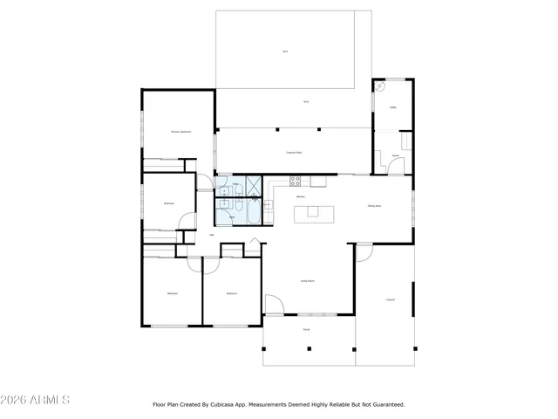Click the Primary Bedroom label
[x=180, y=132]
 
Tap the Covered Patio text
[x=294, y=152]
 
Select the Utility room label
[x=393, y=108]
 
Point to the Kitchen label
[x=300, y=197]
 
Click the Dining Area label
[x=375, y=206]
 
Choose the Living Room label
[x=308, y=281]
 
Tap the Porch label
[x=307, y=330]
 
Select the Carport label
[x=391, y=300]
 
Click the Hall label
[x=212, y=235]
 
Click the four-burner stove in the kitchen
[x=296, y=182]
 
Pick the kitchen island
[x=314, y=212]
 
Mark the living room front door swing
[x=272, y=306]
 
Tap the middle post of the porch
[x=308, y=348]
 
